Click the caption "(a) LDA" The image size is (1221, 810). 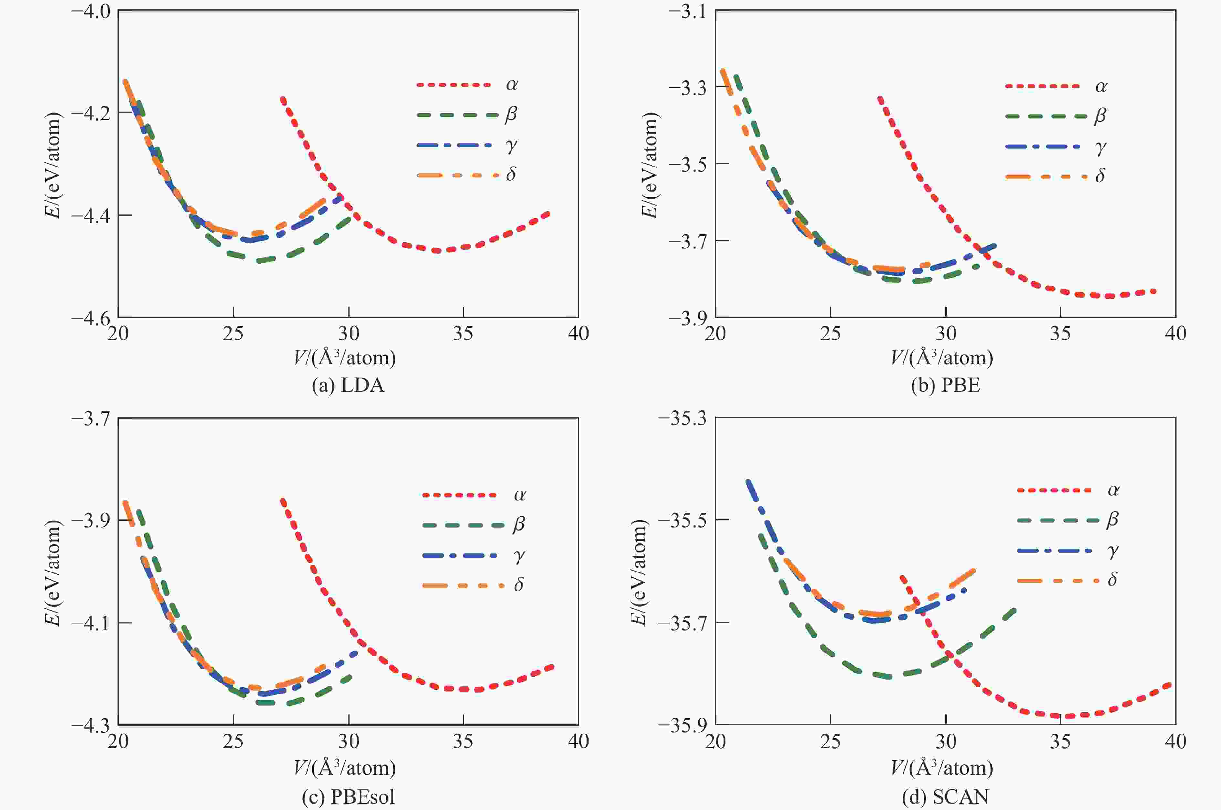click(x=348, y=385)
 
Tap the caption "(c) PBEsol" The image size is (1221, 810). click(x=348, y=796)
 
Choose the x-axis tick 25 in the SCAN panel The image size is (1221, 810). click(x=830, y=742)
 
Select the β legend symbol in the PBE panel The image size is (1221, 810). click(x=1100, y=116)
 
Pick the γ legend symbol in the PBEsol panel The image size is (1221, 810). click(x=519, y=556)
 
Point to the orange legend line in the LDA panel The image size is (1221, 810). click(x=457, y=175)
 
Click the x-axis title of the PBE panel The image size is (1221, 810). click(x=942, y=358)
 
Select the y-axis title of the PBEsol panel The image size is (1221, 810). click(x=54, y=572)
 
